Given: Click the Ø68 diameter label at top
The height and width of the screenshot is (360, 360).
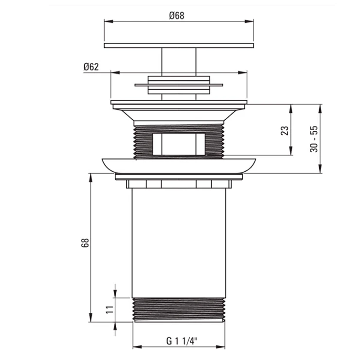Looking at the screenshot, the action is click(x=177, y=16).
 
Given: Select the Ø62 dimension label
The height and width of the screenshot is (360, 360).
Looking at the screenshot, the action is click(x=91, y=67).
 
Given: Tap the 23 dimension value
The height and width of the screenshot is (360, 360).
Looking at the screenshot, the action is click(x=285, y=130).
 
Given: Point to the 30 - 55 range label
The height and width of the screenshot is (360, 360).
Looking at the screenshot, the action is click(x=314, y=139).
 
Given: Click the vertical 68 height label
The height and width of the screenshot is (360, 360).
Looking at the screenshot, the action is click(x=85, y=243).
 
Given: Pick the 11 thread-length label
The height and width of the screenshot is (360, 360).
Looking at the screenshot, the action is click(x=109, y=309).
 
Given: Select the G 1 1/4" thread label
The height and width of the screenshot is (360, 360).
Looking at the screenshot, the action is click(x=182, y=341).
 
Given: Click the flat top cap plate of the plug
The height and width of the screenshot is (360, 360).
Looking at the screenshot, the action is click(x=179, y=45).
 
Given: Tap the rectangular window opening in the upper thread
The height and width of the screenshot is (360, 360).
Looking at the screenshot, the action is click(x=179, y=144).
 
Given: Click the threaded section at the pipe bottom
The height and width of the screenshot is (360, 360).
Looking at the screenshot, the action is click(x=179, y=310).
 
